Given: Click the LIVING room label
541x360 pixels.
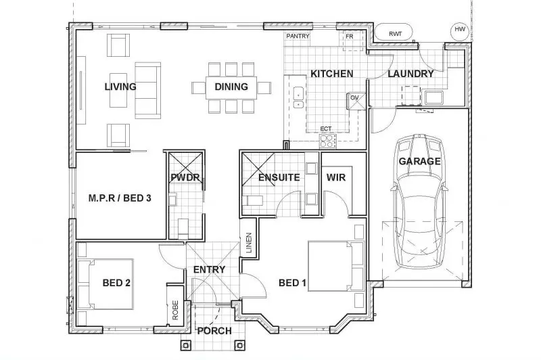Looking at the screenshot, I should coord(120,87).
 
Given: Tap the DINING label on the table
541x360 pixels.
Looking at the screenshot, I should coord(231,87).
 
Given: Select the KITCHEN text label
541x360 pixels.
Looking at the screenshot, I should coord(331,73).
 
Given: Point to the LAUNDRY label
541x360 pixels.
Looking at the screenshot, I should coord(410,73).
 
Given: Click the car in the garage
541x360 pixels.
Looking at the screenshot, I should coord(419,203).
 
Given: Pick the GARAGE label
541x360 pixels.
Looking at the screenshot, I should coord(419,161).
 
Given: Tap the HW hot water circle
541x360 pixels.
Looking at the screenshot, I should coord(460,29).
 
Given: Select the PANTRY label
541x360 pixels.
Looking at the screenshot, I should coord(298,35).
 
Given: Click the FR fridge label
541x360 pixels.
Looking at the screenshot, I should coord(350,36).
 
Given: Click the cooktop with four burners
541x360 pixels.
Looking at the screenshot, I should coord(328,141).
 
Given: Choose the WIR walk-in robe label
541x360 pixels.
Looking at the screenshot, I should coord(336,178).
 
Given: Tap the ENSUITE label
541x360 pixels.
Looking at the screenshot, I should coord(279,178).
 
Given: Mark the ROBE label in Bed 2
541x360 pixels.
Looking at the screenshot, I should coord(175,311).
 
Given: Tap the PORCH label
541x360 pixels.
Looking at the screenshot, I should coord(214,331).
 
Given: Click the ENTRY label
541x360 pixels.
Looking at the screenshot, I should coord(209,269).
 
